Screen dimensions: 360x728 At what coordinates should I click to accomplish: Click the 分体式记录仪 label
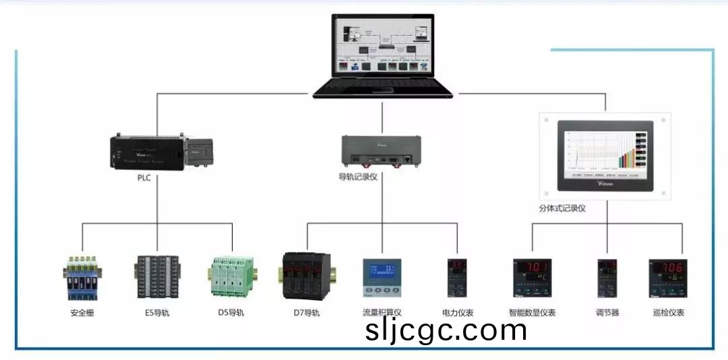pyautogui.click(x=562, y=208)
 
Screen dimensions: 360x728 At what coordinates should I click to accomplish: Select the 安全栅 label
pyautogui.click(x=82, y=313)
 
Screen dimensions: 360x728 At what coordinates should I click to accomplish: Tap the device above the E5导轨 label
pyautogui.click(x=157, y=277)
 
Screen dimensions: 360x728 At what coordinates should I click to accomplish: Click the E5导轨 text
pyautogui.click(x=157, y=313)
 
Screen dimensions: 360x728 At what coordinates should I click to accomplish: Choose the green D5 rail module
pyautogui.click(x=231, y=277)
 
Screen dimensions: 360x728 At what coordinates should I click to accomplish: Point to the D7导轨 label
pyautogui.click(x=306, y=313)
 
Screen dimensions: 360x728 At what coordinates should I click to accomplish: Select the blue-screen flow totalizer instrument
pyautogui.click(x=382, y=278)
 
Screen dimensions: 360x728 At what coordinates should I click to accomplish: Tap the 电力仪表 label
pyautogui.click(x=458, y=313)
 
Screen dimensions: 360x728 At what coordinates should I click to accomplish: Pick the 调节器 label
pyautogui.click(x=607, y=313)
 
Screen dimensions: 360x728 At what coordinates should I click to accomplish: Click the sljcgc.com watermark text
pyautogui.click(x=446, y=330)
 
